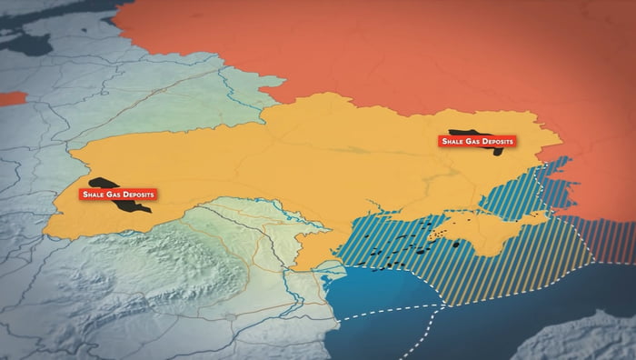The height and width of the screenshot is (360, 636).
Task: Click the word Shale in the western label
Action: [93, 195]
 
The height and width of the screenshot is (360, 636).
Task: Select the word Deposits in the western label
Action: [139, 195]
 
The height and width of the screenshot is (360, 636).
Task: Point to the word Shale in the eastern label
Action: [453, 141]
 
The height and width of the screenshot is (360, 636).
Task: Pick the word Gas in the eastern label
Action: [473, 141]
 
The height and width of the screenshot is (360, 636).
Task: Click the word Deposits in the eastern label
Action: [499, 141]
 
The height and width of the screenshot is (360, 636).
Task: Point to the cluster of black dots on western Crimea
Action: [443, 235]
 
